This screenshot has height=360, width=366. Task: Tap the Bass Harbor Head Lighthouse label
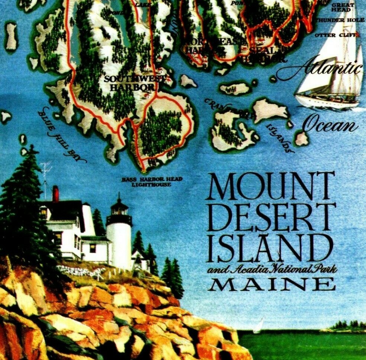click(152, 182)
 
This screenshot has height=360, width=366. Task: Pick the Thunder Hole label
click(340, 20)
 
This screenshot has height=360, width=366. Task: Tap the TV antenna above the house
click(46, 175)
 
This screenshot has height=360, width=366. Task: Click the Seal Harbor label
click(263, 54)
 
